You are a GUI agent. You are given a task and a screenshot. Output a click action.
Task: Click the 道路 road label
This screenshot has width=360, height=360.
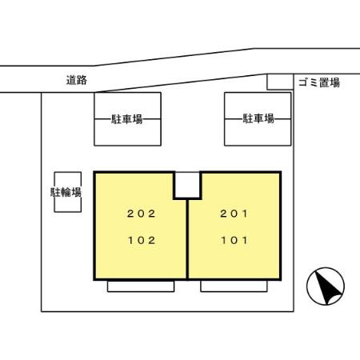[77, 80]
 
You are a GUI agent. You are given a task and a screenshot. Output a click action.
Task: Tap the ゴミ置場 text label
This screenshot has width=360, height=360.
[319, 82]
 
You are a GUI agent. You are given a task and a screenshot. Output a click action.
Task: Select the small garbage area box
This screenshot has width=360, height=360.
[280, 82]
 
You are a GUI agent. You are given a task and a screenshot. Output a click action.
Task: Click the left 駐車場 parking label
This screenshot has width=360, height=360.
[127, 119]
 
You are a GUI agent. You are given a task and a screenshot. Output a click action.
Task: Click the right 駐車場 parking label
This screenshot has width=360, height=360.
[258, 118]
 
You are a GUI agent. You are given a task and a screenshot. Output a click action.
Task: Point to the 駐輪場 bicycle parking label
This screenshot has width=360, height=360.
[66, 192]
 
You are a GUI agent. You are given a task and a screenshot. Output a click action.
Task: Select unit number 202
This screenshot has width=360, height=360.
[141, 214]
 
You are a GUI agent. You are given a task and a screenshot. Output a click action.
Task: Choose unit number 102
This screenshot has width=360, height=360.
[142, 240]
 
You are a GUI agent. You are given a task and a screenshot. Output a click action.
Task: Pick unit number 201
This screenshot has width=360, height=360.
[234, 214]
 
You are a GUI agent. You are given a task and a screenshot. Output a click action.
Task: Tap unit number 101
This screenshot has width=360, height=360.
[234, 240]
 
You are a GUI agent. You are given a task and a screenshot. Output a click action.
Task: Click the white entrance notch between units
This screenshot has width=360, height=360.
[187, 186]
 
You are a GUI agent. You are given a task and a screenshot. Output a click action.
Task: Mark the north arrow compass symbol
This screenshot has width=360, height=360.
[326, 286]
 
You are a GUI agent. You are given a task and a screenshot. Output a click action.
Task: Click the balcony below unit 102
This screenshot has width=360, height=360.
[141, 286]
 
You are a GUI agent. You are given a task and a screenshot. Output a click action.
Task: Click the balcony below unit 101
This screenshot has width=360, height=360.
[234, 286]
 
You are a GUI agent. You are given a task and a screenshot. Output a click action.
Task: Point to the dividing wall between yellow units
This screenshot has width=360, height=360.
[187, 239]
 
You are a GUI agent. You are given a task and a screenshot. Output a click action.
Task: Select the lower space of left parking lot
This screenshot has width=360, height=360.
[127, 132]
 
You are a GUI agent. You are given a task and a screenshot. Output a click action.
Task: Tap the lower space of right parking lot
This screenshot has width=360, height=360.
[258, 132]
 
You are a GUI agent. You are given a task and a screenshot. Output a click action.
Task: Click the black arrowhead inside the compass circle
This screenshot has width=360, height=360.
[327, 287]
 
